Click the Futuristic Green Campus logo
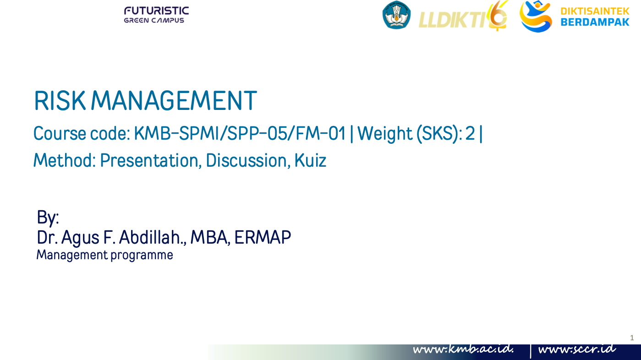(x=156, y=15)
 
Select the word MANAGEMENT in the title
(x=177, y=101)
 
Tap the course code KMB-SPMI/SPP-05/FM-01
(x=240, y=134)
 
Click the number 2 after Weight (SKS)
(x=470, y=134)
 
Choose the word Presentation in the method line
(x=151, y=160)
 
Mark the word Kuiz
(x=310, y=160)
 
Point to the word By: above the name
(x=48, y=218)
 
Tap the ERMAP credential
(x=263, y=237)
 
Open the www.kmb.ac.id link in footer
(x=463, y=349)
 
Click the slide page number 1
(x=632, y=338)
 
